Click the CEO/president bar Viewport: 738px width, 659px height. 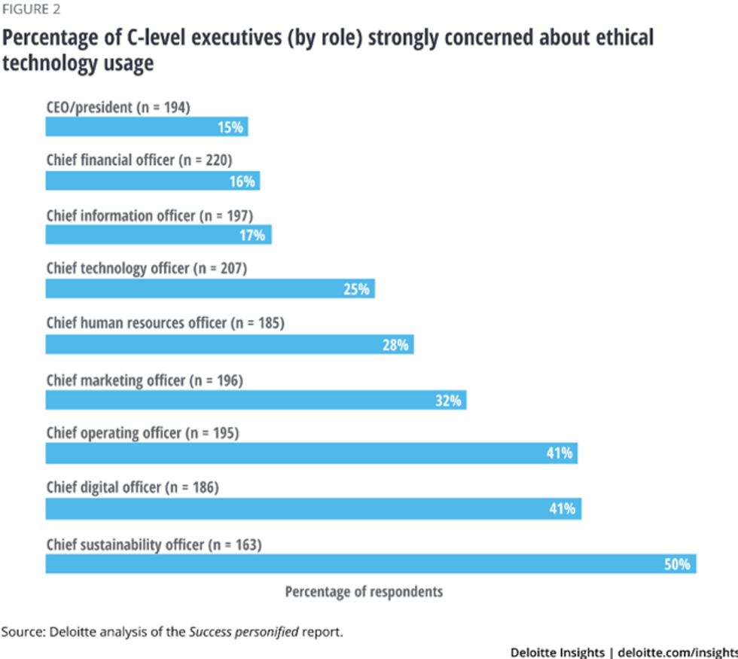tap(147, 127)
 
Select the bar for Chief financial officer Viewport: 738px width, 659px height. tap(152, 182)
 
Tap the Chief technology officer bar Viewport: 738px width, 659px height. tap(210, 289)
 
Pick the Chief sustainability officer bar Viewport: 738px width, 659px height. tap(371, 563)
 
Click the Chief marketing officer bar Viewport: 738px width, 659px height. tap(256, 400)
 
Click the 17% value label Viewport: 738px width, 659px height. tap(253, 236)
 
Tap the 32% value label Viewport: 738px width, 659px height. tap(448, 400)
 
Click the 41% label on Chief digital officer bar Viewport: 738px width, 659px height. tap(563, 509)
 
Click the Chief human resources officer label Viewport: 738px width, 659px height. tap(164, 323)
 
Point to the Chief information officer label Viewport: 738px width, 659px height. tap(144, 215)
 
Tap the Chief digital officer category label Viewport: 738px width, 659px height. tap(132, 487)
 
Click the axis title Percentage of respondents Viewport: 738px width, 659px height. tap(364, 591)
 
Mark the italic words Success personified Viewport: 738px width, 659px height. tap(237, 631)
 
